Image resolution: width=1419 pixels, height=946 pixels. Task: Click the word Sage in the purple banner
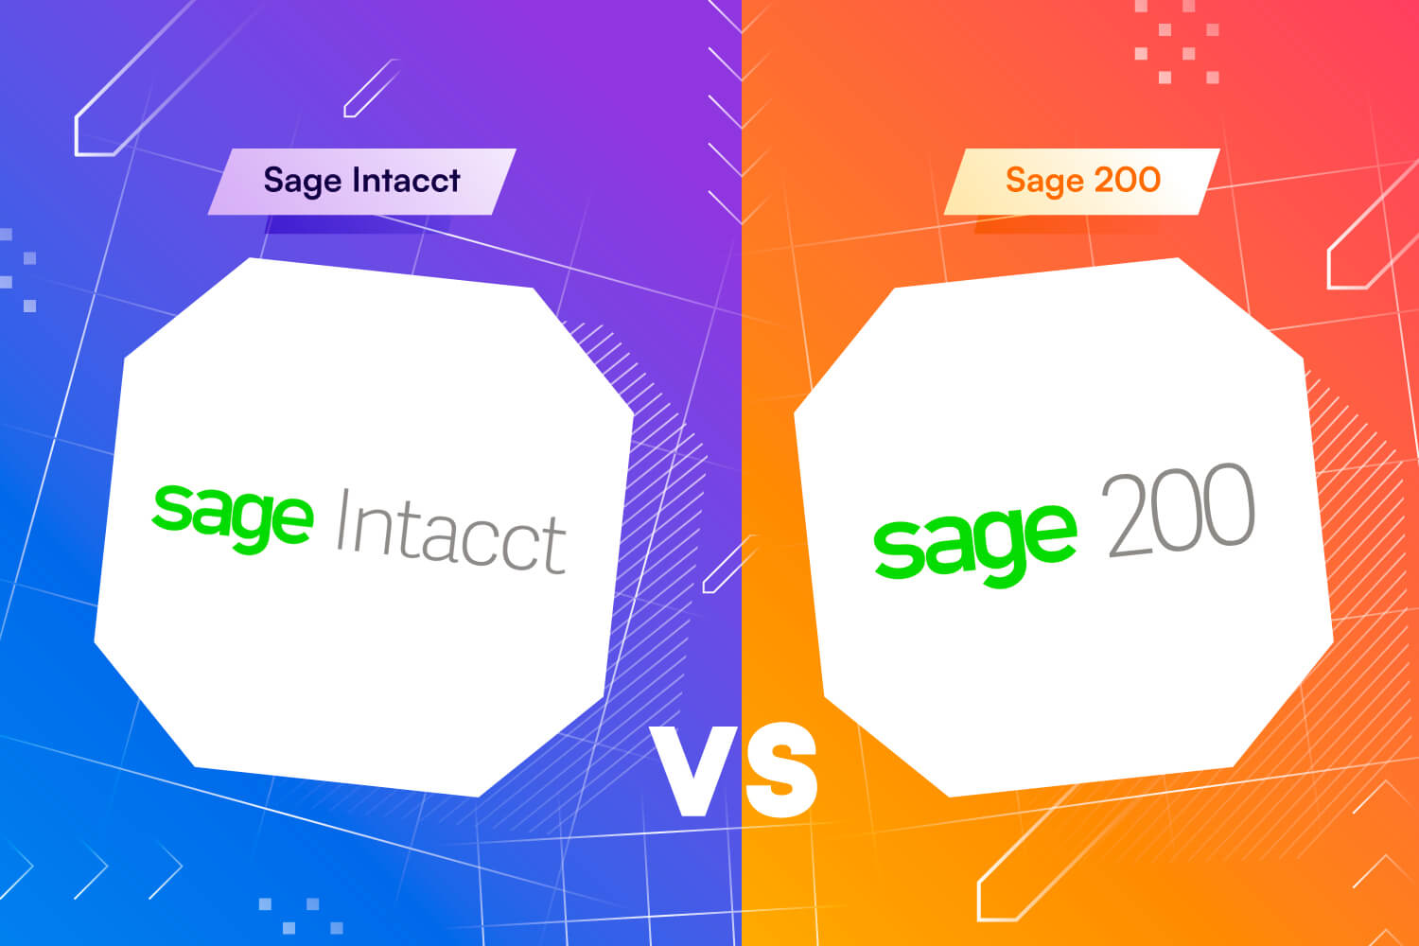[x=302, y=182]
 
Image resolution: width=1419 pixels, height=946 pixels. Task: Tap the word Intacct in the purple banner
[x=406, y=180]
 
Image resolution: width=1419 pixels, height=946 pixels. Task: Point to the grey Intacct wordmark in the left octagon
[x=451, y=533]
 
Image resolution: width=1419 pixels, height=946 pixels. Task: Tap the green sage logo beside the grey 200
[x=975, y=546]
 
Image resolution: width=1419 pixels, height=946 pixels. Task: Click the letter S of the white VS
[x=781, y=770]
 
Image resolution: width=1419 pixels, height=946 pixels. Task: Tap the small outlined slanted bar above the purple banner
[x=371, y=88]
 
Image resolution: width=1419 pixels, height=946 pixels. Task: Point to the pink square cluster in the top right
[x=1177, y=42]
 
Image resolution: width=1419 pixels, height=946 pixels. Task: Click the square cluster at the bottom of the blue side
[x=301, y=916]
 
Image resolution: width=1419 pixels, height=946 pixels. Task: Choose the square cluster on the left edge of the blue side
[x=18, y=270]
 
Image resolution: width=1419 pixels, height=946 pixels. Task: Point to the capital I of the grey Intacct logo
[x=342, y=519]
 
